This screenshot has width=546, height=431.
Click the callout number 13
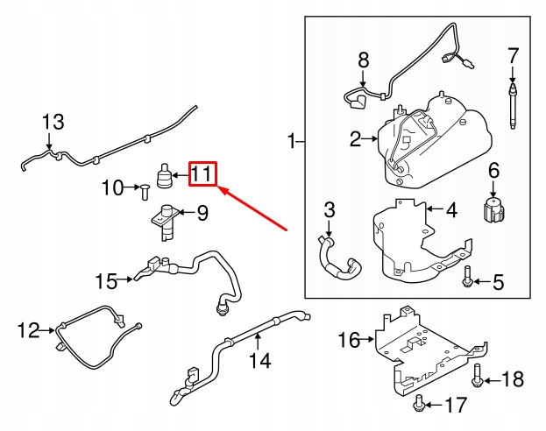click(x=53, y=122)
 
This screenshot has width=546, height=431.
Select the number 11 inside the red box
click(x=202, y=173)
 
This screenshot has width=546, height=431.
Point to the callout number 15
click(x=106, y=281)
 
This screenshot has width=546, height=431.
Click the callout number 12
click(x=28, y=330)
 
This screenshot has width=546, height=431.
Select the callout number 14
click(x=259, y=360)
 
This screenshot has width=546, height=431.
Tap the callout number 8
click(x=364, y=61)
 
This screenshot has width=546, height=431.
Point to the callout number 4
click(x=450, y=210)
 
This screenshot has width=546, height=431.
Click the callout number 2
click(x=355, y=138)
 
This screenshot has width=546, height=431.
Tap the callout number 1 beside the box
click(x=291, y=141)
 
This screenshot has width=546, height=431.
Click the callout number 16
click(x=349, y=340)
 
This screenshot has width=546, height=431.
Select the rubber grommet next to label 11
click(x=163, y=175)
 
